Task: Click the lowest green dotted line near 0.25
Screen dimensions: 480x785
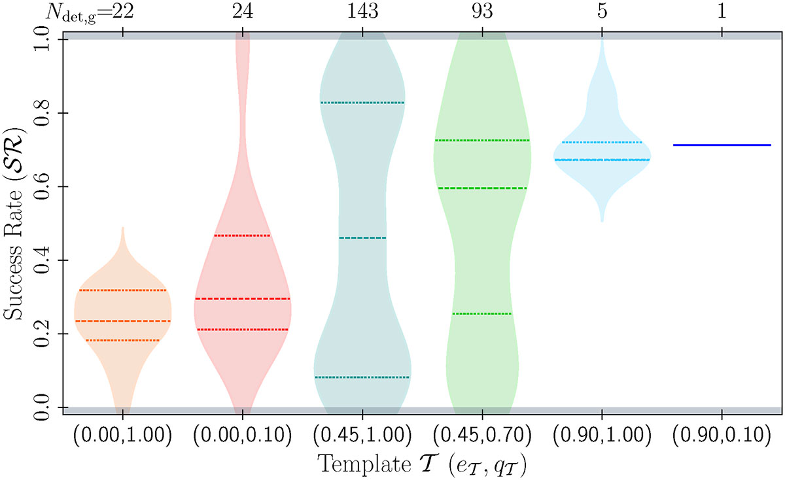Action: pos(481,314)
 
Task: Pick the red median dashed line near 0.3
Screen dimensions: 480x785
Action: pos(243,299)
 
